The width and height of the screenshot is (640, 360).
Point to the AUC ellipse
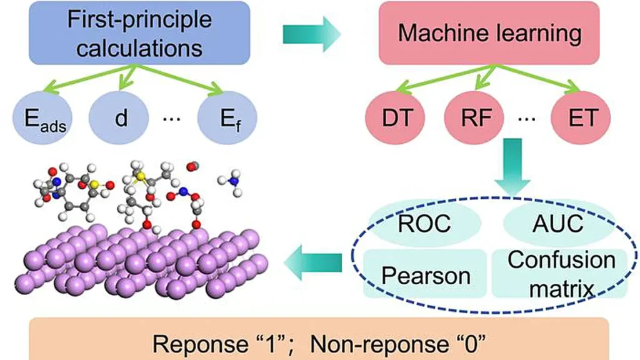[x=541, y=223]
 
